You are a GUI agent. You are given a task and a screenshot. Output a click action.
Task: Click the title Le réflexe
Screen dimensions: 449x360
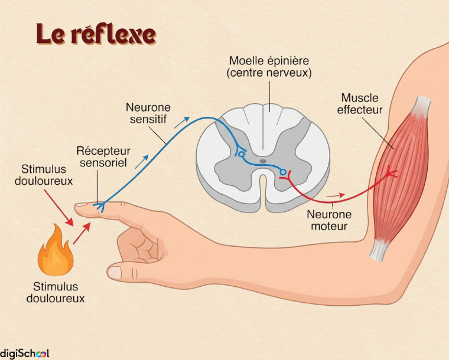[96, 34]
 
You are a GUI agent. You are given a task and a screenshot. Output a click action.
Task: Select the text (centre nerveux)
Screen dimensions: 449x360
[269, 73]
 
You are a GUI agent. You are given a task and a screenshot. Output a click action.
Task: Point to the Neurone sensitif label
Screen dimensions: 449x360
[148, 113]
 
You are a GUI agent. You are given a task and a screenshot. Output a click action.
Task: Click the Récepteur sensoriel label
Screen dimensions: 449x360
[103, 156]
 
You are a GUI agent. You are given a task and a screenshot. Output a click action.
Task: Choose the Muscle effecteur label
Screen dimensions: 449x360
[360, 104]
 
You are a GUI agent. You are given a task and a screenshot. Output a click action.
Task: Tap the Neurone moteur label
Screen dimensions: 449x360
[329, 220]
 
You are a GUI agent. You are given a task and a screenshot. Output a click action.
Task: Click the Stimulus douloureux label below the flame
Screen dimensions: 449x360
[56, 292]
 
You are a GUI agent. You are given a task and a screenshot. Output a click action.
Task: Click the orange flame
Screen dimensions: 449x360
[56, 251]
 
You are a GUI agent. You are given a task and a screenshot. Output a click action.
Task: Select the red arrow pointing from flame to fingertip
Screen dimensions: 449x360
[82, 233]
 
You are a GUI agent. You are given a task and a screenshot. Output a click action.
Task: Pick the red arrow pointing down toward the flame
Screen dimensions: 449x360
[58, 208]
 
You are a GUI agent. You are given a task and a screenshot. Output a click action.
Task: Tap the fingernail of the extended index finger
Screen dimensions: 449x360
[82, 204]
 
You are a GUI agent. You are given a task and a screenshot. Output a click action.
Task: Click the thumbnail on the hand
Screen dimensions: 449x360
[115, 272]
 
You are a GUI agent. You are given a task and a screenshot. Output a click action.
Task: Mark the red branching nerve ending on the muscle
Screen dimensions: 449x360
[391, 172]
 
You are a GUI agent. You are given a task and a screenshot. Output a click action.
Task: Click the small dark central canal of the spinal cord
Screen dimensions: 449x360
[263, 161]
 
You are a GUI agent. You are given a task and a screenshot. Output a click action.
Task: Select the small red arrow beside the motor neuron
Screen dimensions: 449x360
[336, 195]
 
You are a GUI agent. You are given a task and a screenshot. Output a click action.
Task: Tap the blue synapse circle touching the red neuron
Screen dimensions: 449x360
[283, 172]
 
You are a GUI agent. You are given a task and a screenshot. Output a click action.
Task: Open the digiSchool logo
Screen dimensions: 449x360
[24, 353]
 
